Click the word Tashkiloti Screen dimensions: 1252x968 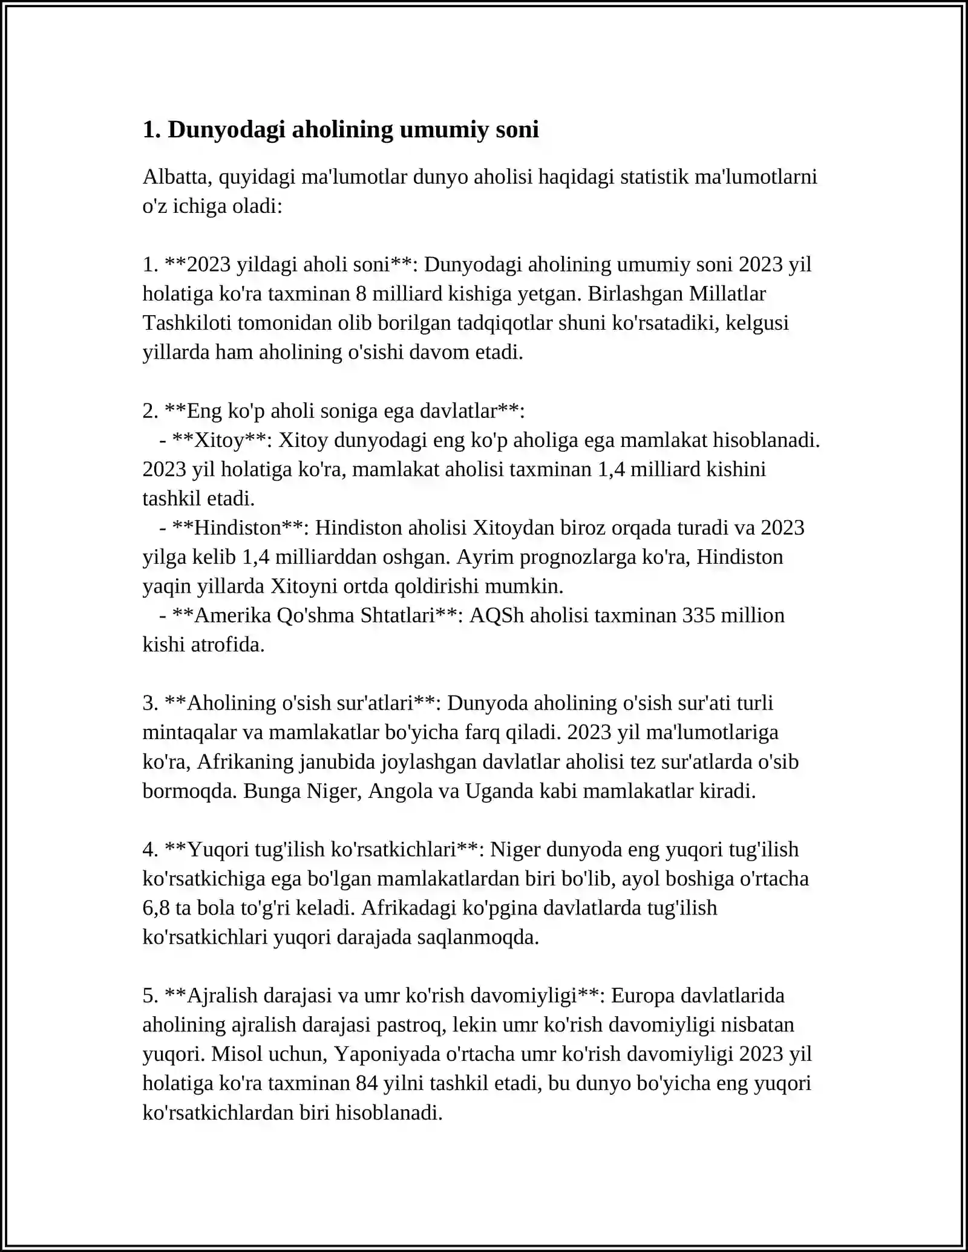(x=187, y=323)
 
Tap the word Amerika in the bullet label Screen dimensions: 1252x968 (x=233, y=616)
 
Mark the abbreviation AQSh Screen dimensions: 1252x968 (x=497, y=616)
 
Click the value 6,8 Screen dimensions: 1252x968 (x=156, y=908)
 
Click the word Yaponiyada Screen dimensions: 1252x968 (x=387, y=1054)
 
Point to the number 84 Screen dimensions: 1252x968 (x=367, y=1083)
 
